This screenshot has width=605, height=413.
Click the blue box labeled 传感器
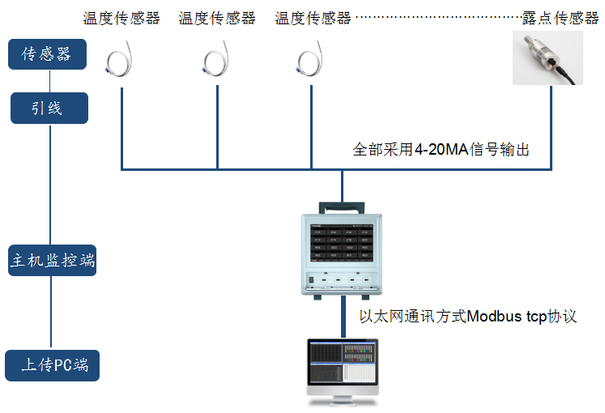point(47,54)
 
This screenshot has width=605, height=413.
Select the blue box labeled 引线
point(49,108)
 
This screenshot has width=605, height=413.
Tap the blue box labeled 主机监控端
point(53,261)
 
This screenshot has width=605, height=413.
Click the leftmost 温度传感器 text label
point(121,18)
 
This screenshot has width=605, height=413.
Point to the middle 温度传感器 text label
point(217,18)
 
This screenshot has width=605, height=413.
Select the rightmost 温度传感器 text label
point(313,18)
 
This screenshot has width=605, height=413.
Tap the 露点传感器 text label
point(560,18)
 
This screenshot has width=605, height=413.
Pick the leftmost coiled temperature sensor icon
point(122,62)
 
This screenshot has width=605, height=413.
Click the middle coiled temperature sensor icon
point(217,62)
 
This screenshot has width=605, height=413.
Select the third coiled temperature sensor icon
point(311,62)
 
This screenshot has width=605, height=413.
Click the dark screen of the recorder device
point(342,242)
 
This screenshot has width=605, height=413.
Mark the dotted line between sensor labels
point(437,18)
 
